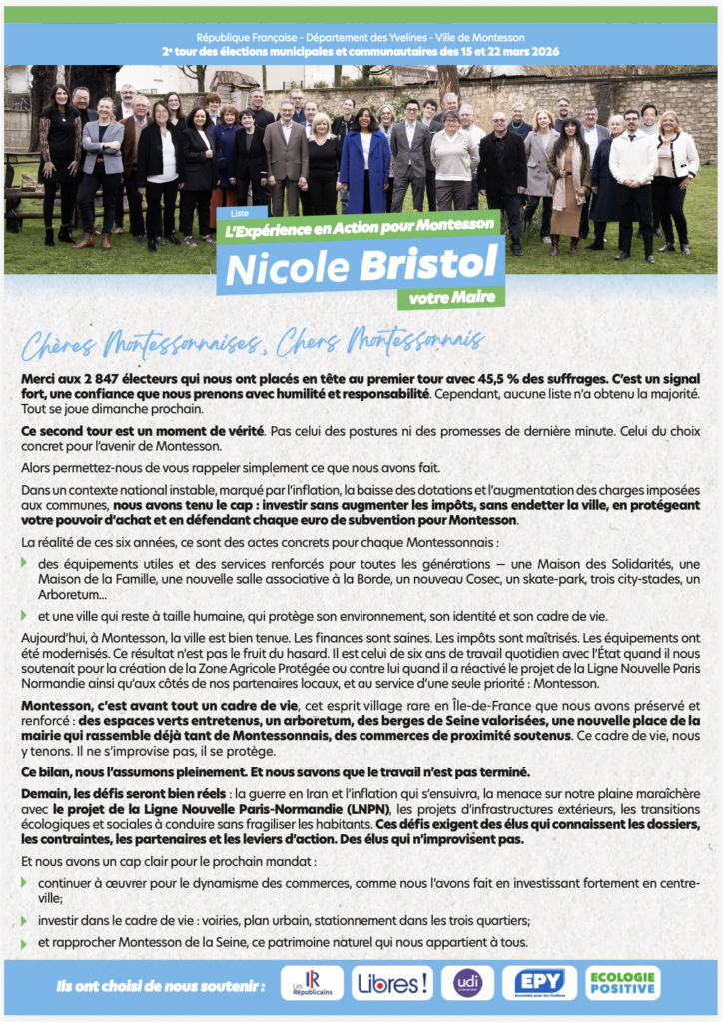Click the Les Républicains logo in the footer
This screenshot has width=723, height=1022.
point(312,983)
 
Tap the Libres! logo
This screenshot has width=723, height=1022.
point(392,983)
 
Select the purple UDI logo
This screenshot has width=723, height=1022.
point(467,983)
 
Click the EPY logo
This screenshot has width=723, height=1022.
point(539,983)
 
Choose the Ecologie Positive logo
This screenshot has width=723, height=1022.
point(622,983)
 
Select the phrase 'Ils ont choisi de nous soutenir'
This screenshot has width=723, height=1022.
point(161,986)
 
